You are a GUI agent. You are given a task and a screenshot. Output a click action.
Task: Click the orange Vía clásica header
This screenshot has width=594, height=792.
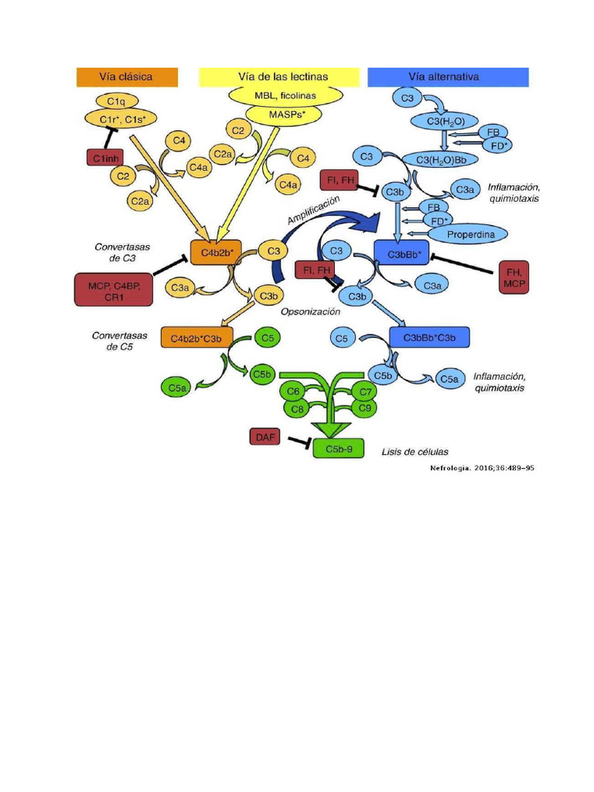(x=126, y=77)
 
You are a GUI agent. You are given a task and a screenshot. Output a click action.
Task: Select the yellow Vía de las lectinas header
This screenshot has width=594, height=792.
(x=279, y=77)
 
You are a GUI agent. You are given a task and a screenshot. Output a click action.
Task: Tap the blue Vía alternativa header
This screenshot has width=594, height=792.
(x=448, y=77)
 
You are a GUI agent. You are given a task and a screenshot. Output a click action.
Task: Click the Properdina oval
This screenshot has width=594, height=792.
(x=466, y=234)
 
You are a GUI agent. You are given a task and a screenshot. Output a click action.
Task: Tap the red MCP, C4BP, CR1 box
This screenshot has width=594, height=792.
(x=113, y=288)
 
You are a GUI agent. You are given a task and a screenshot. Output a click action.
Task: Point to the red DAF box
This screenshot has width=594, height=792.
(x=264, y=437)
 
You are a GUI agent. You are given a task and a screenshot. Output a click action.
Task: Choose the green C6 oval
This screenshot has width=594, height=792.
(x=293, y=391)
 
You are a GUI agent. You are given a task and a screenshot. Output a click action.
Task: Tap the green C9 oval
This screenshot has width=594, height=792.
(x=366, y=406)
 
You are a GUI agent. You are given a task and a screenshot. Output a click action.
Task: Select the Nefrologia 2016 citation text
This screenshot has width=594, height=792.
(x=481, y=469)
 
